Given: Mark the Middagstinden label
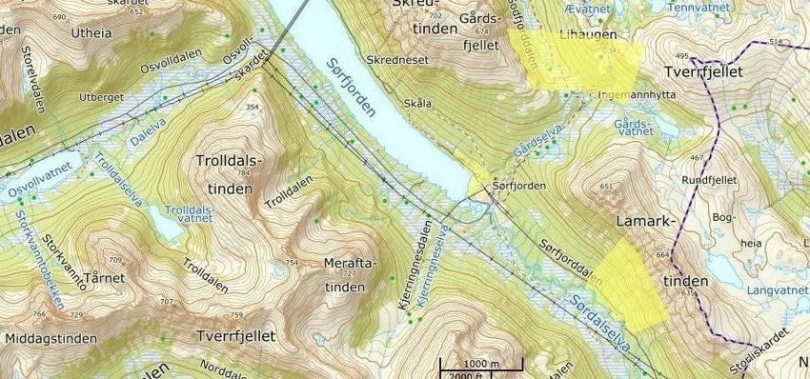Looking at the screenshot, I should [51, 338].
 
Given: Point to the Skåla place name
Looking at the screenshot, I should [417, 103].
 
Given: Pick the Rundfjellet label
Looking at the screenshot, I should [711, 180].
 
